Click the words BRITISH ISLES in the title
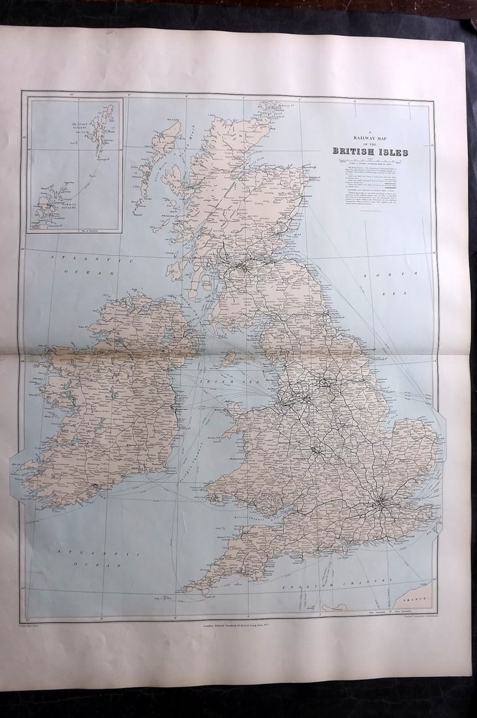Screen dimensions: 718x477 370,152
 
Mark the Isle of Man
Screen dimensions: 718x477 229,356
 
